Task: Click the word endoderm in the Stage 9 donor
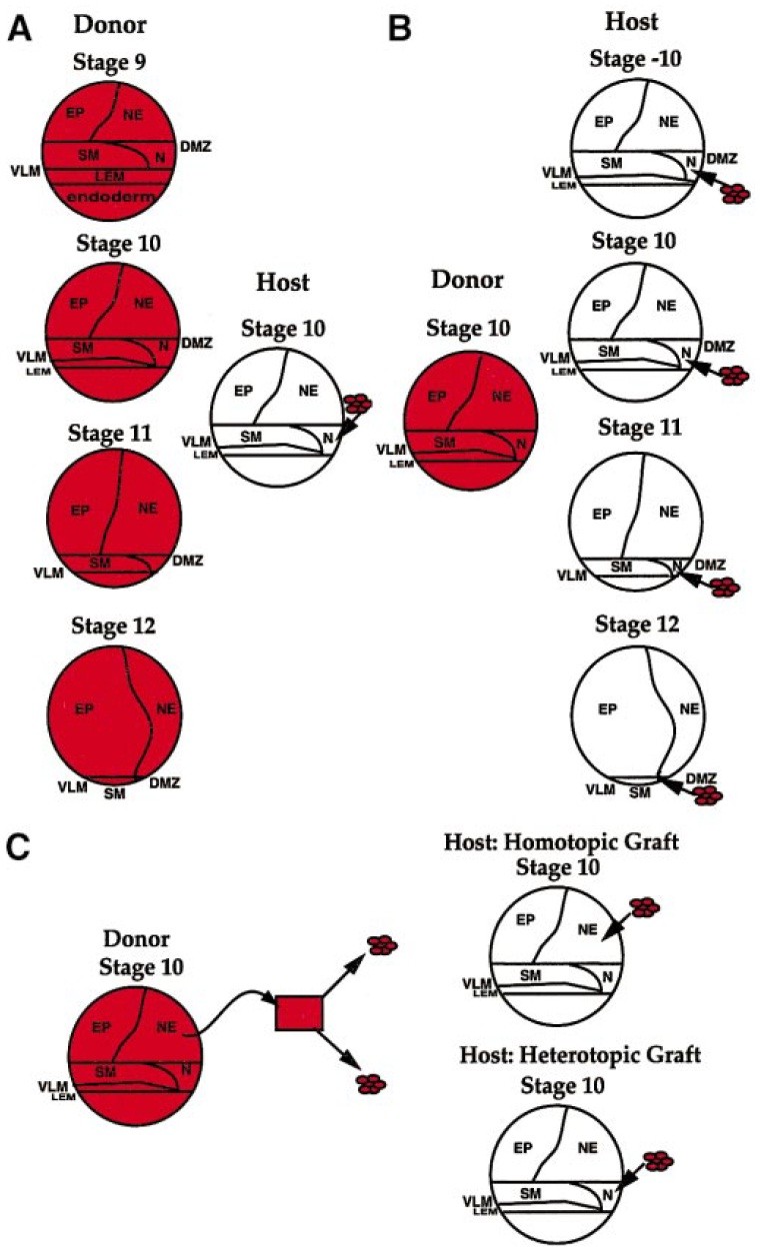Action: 109,198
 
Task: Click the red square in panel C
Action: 300,1012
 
